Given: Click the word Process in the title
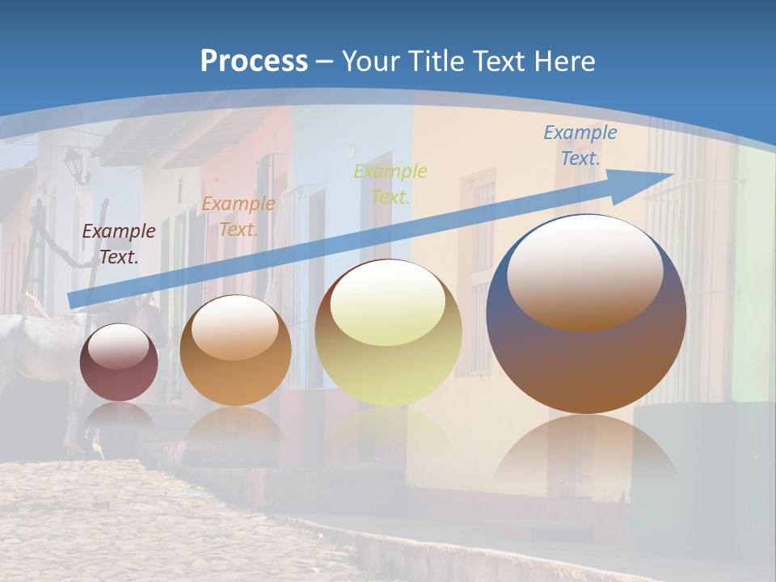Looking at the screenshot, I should click(x=254, y=61).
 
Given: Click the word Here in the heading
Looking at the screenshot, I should click(x=564, y=61).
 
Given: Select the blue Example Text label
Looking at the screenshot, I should click(x=580, y=145).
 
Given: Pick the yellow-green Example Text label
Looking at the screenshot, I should click(x=390, y=184).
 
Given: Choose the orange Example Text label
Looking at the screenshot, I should click(x=238, y=217).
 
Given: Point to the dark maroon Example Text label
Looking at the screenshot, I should click(x=119, y=243).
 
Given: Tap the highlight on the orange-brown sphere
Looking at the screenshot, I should click(x=234, y=327).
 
